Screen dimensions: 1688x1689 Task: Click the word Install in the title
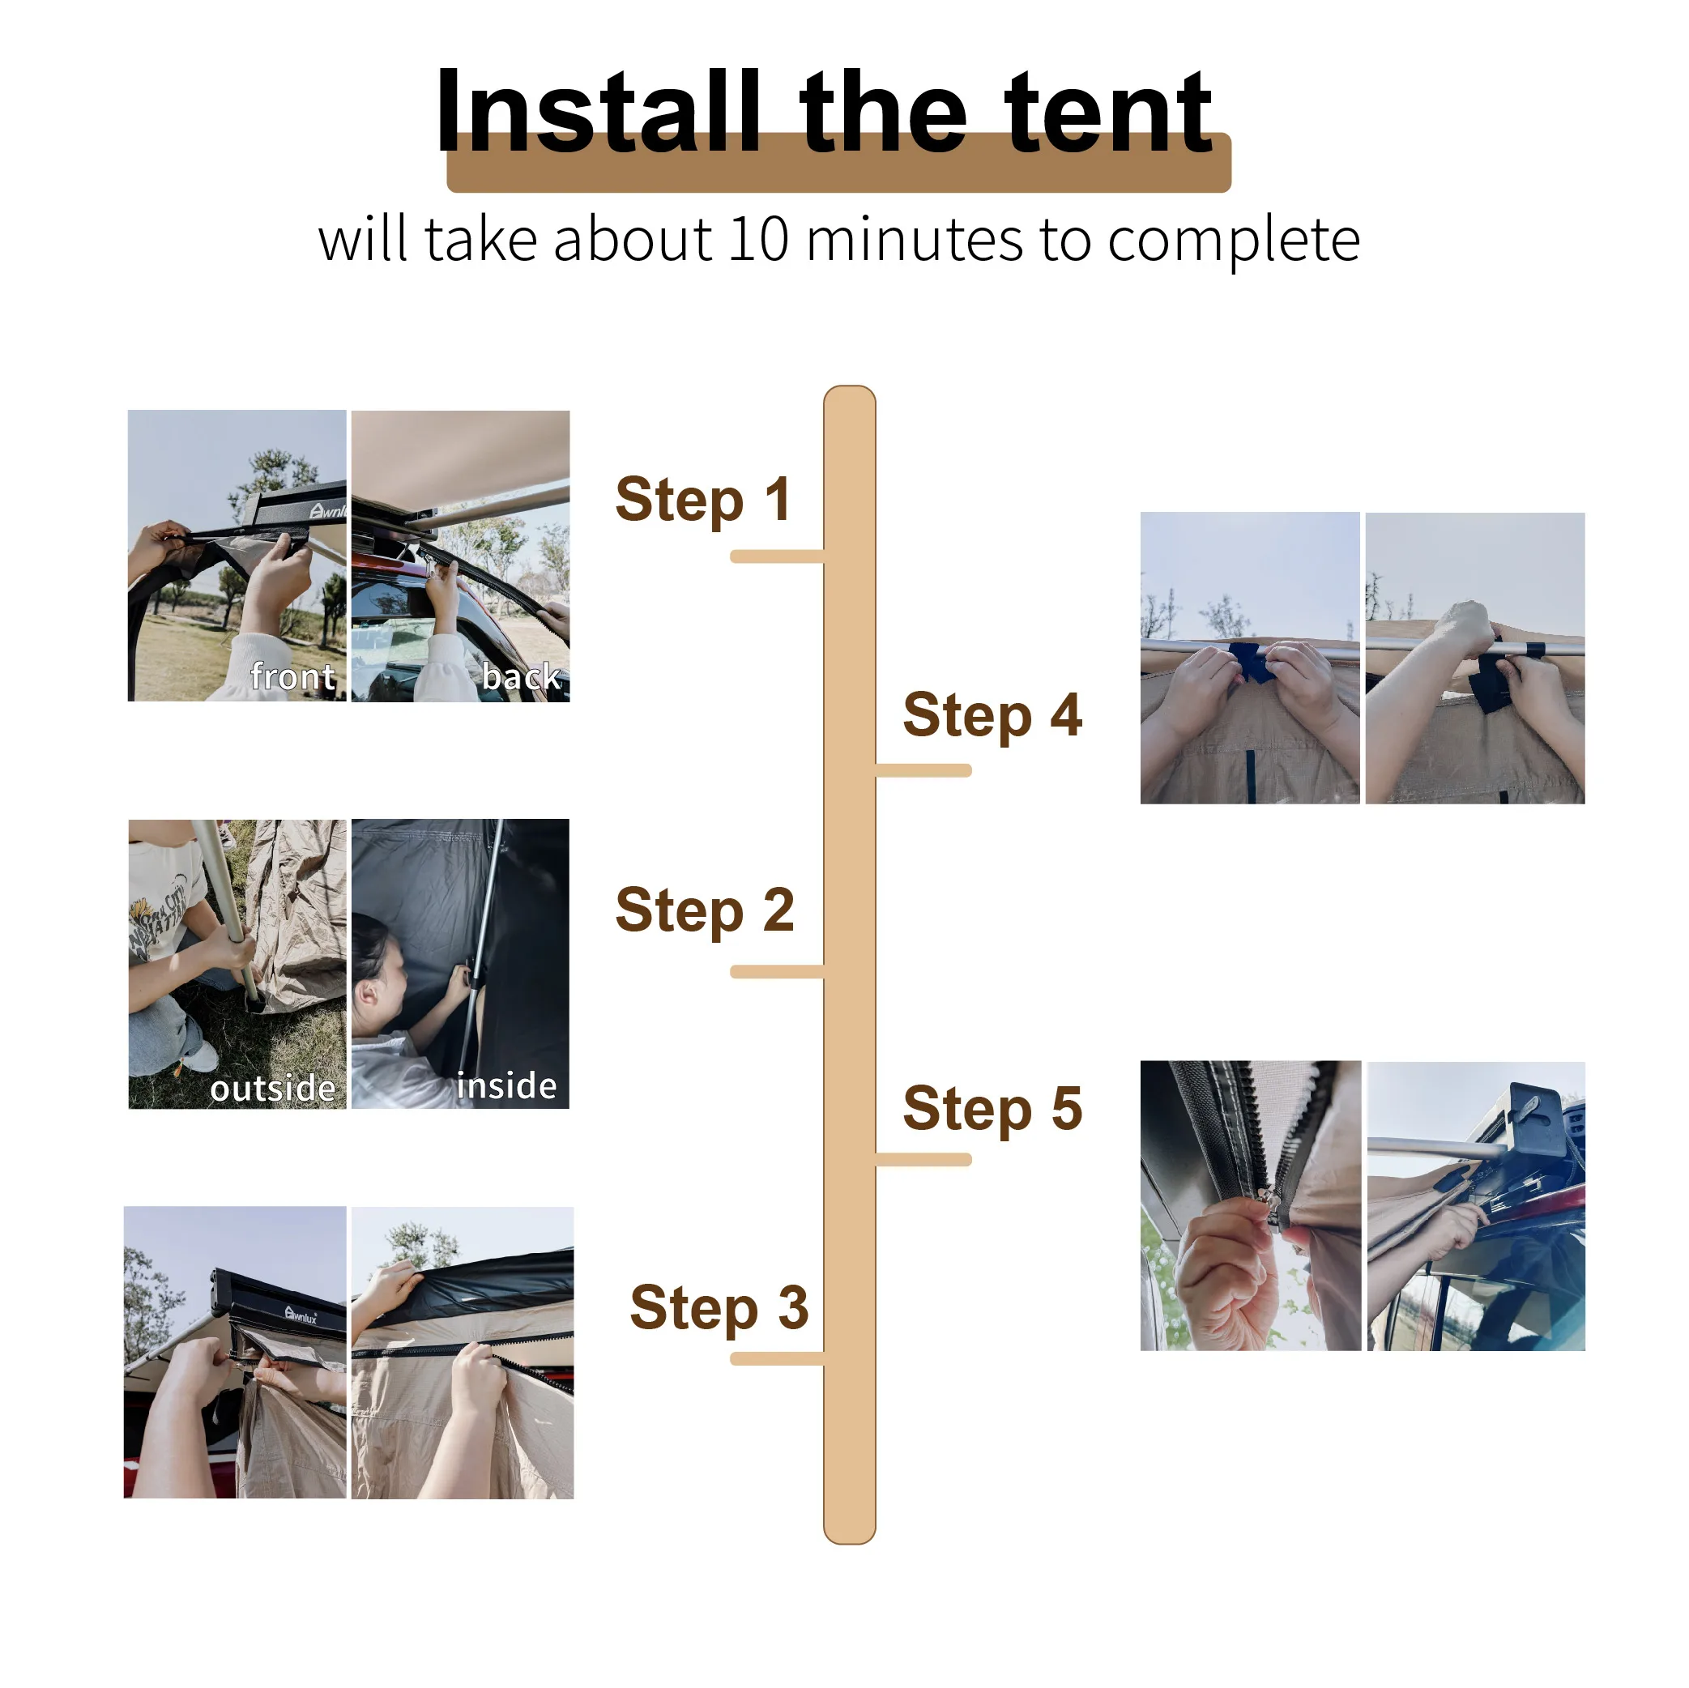pos(597,113)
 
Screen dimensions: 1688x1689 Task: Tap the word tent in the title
pos(1107,113)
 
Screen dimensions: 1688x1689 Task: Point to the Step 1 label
pos(703,500)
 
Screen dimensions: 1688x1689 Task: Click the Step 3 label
pos(719,1308)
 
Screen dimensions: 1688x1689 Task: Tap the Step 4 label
pos(992,715)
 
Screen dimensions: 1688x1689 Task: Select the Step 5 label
pos(992,1108)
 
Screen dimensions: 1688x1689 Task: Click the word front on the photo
pos(293,676)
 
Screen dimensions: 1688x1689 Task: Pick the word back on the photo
pos(521,676)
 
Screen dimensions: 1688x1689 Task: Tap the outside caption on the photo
pos(273,1089)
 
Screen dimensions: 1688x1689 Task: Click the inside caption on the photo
pos(506,1085)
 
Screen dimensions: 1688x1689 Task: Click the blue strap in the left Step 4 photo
pos(1250,662)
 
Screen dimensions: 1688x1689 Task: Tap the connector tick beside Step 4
pos(923,770)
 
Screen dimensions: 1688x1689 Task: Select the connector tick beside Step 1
pos(776,556)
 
